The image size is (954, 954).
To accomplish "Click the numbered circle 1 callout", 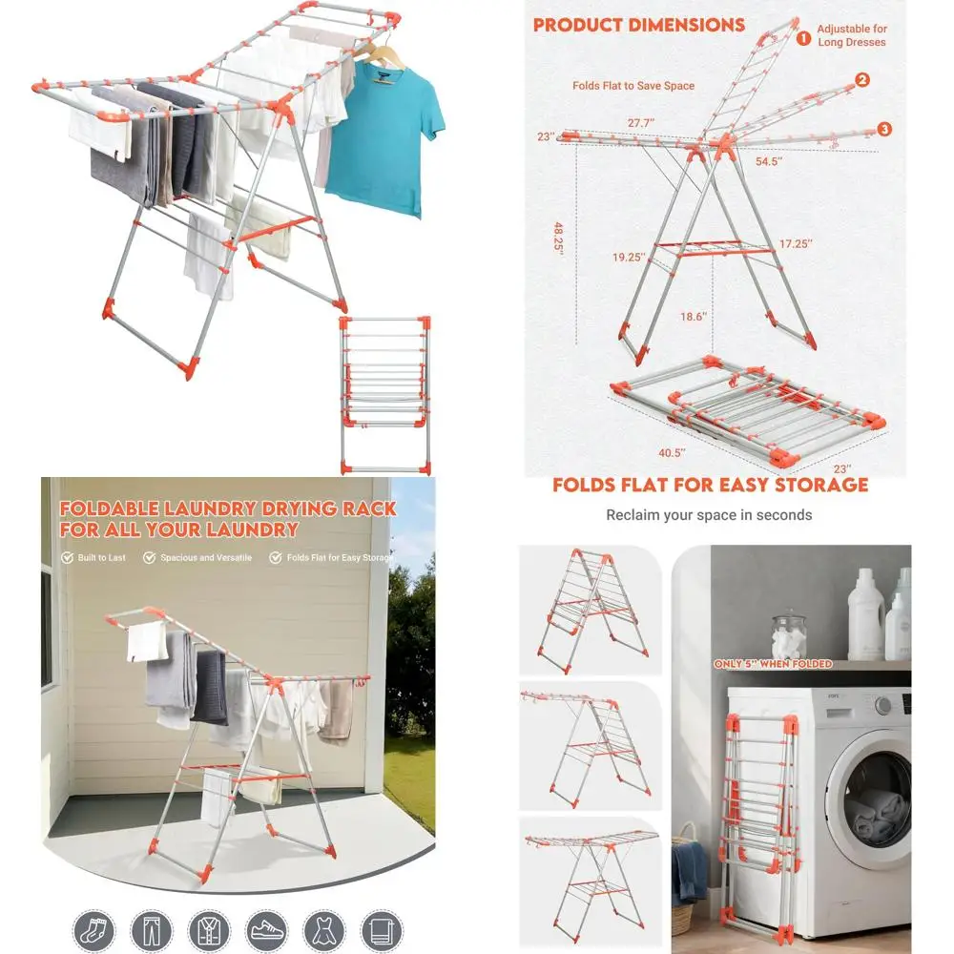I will click(x=803, y=38).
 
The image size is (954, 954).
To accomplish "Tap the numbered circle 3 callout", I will click(x=884, y=129).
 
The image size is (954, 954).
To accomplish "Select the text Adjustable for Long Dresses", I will click(x=852, y=35).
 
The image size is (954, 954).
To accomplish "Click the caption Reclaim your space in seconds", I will click(x=709, y=515).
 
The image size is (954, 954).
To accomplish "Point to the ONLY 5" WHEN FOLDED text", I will click(x=773, y=664).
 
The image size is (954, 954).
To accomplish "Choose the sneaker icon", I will click(x=266, y=929).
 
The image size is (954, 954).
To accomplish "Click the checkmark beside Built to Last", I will click(x=67, y=557).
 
